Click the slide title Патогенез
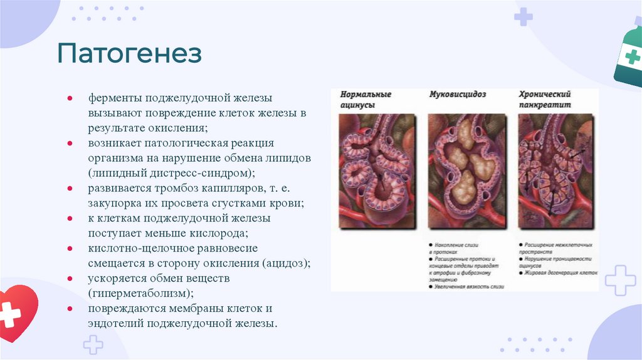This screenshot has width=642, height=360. click(x=130, y=54)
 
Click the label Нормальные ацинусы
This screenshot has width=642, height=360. click(x=366, y=100)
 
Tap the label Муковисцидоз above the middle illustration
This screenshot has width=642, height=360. click(x=458, y=95)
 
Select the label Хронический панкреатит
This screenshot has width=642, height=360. click(x=544, y=100)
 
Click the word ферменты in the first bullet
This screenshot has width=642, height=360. click(x=116, y=98)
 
